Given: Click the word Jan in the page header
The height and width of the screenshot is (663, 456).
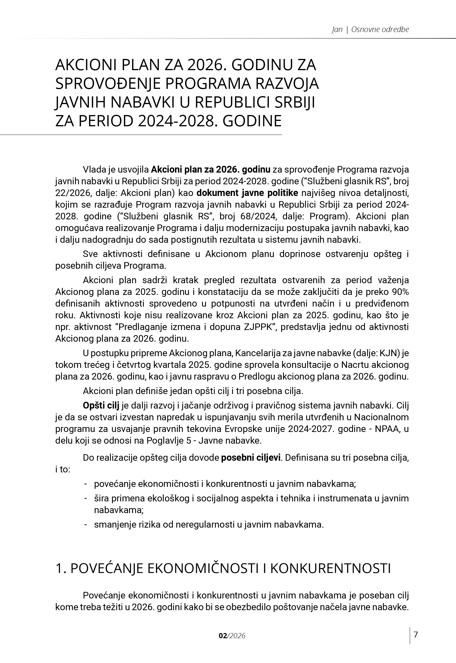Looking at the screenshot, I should click(x=337, y=29).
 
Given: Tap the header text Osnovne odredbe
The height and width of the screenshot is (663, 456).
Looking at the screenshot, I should click(x=380, y=29).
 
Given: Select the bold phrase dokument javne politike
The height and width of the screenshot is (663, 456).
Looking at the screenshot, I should click(x=247, y=193).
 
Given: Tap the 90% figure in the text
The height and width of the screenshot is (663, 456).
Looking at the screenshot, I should click(x=400, y=292).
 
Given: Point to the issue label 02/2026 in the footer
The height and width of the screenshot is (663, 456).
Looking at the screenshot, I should click(x=232, y=636).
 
